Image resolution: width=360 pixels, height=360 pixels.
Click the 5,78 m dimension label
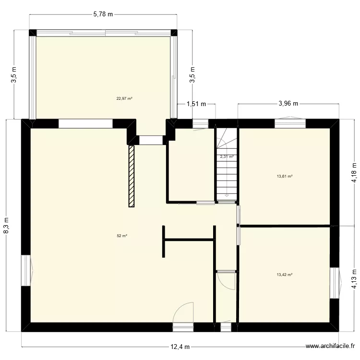coord(103,14)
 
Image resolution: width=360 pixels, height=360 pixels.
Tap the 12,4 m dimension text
coord(180,347)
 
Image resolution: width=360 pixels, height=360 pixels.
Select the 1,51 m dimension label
coord(196,103)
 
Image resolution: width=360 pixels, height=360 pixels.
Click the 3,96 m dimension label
coord(288,103)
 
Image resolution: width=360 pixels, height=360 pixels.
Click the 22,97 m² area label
coord(124,99)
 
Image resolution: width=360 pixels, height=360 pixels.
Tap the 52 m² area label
coord(122,236)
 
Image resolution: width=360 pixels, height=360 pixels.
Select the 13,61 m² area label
coord(285,176)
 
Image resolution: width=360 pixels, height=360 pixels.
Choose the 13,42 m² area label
coord(285,275)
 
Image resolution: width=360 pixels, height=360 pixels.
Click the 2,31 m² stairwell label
coord(227,156)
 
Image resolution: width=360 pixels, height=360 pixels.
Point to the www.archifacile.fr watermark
coord(331,347)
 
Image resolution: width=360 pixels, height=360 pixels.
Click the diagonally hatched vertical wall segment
coord(131,176)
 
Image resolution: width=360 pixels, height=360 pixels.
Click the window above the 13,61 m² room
coord(290,123)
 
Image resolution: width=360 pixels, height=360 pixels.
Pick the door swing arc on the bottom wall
coord(185,312)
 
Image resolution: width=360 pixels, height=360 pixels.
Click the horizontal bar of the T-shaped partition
coord(189,239)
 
